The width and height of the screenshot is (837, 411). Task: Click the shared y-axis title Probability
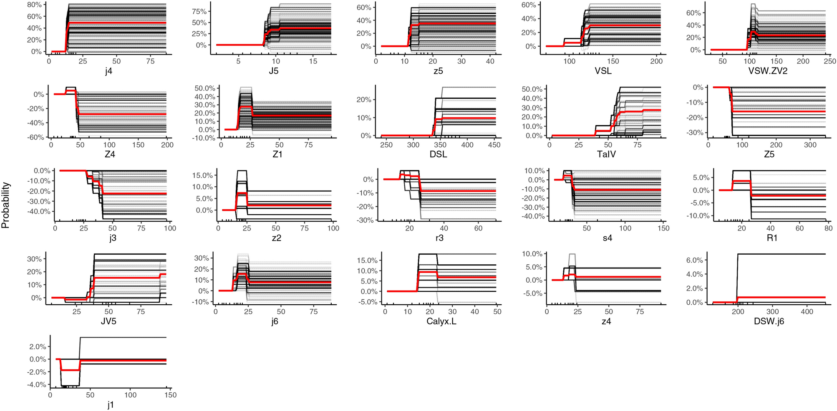(x=5, y=205)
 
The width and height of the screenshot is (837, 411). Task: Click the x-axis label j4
(x=108, y=71)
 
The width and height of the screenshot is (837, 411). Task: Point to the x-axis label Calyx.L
(x=441, y=321)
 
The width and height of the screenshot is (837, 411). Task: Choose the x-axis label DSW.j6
(x=769, y=321)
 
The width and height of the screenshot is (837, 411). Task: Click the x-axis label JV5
(x=108, y=321)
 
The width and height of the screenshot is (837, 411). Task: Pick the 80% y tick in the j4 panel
(x=34, y=5)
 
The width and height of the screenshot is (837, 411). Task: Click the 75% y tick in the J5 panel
(x=199, y=12)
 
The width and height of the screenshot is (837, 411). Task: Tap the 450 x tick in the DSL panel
(x=494, y=145)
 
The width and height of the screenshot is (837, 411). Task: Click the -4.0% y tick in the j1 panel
(x=37, y=384)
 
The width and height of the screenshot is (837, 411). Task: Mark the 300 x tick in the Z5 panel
(x=810, y=145)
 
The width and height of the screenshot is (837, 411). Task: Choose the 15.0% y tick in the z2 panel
(x=202, y=175)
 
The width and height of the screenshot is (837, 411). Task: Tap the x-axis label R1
(x=772, y=238)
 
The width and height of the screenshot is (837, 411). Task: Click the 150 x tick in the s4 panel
(x=663, y=228)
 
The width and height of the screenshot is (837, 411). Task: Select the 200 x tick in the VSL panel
(x=656, y=61)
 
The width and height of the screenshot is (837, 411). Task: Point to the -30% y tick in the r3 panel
(x=366, y=220)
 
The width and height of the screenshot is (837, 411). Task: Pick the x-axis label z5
(x=438, y=71)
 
